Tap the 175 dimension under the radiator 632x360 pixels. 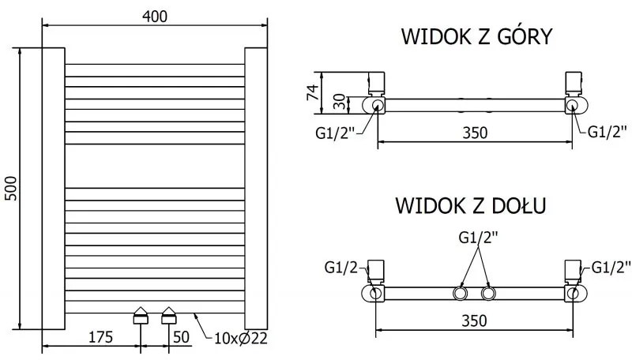pos(100,337)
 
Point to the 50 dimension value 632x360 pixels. pos(181,337)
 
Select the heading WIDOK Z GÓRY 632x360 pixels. pos(476,37)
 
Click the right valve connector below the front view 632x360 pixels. pos(169,316)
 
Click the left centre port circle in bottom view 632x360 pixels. pos(460,294)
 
